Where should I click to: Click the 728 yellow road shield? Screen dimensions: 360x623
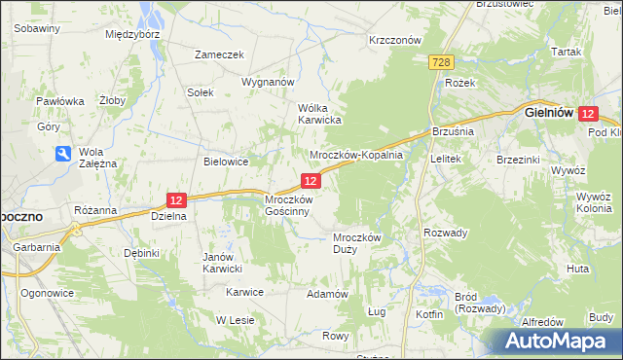pos(441,62)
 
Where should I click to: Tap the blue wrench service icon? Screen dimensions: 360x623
pos(62,154)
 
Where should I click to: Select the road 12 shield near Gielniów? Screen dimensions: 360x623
pos(586,114)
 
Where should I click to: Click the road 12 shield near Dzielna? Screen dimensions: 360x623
pos(175,199)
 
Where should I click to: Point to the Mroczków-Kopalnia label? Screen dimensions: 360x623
pos(355,156)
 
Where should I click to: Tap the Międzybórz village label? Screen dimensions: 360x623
pos(132,33)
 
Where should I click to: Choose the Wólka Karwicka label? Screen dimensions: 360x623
pos(318,114)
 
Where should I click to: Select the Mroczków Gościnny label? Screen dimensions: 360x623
pos(288,205)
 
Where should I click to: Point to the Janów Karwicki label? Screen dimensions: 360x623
pos(221,263)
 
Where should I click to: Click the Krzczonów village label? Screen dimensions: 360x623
pos(394,40)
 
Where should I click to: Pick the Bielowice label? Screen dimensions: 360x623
pos(225,162)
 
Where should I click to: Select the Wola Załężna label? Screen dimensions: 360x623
pos(97,158)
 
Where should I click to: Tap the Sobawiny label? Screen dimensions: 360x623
pos(38,28)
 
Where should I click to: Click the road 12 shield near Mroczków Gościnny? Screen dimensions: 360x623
pos(310,181)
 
